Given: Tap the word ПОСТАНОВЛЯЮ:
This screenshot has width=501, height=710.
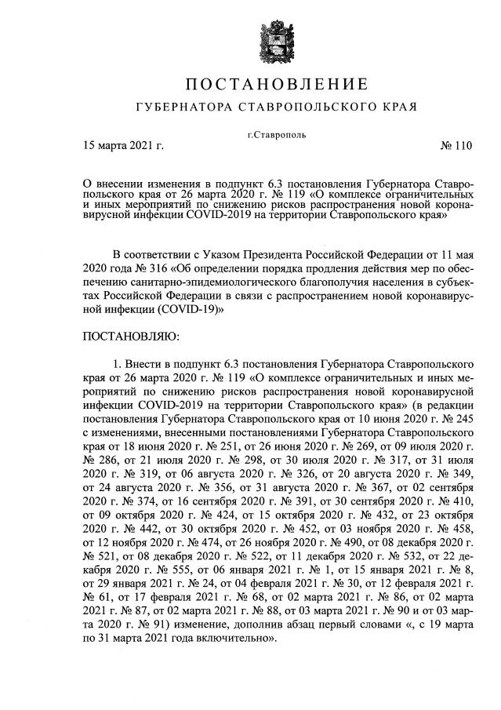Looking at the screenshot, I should (131, 337).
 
